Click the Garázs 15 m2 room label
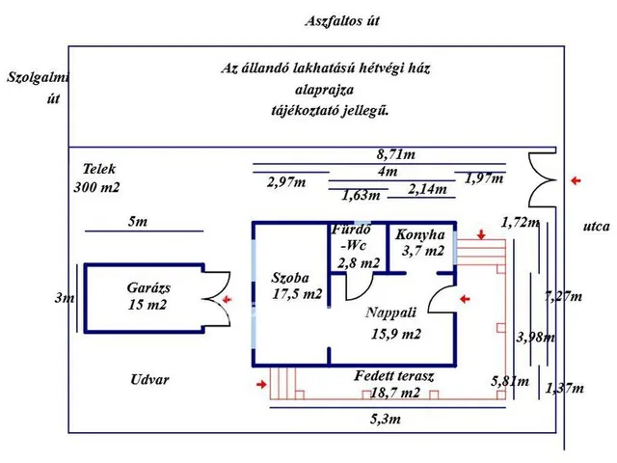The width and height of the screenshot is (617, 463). [148, 296]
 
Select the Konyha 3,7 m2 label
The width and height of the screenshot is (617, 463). [420, 243]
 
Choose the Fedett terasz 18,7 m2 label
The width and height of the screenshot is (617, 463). [395, 385]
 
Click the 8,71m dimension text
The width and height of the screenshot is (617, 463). [396, 153]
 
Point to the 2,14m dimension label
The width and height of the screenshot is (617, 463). [427, 189]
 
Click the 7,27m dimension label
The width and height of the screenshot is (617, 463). [563, 296]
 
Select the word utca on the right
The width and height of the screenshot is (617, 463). [596, 228]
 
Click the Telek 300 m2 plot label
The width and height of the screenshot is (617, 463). [97, 177]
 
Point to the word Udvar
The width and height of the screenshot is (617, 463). [149, 379]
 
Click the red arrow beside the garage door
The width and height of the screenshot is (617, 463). [228, 301]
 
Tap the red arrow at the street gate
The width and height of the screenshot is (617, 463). [576, 180]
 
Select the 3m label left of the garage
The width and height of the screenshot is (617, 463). [63, 298]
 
